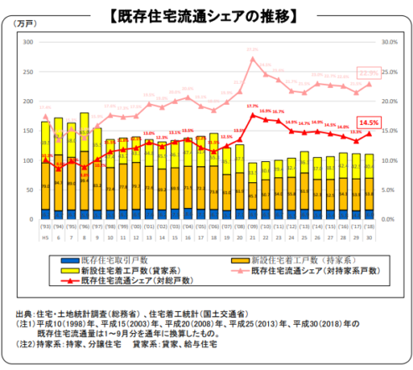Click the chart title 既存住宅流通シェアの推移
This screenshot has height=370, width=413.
coord(206,14)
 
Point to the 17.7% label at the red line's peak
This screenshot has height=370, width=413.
coord(252,106)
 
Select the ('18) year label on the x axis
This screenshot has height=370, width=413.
coord(369,224)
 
